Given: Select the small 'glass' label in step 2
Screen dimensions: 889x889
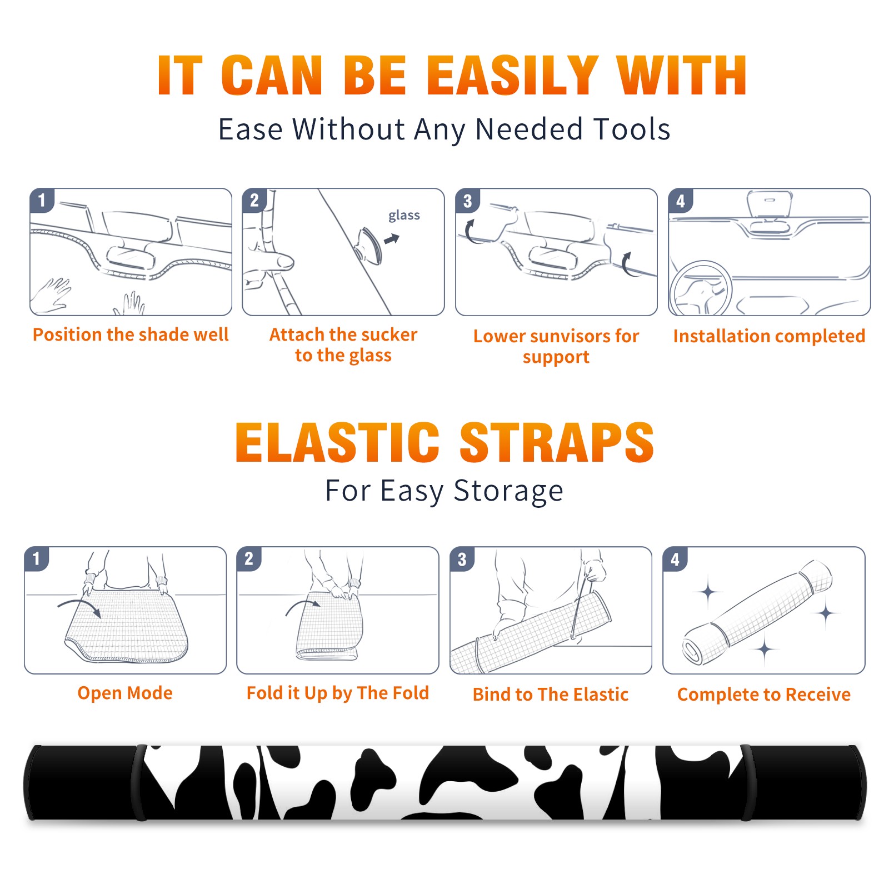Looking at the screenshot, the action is (x=404, y=216).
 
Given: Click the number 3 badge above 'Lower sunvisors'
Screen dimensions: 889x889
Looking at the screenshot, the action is (x=467, y=201).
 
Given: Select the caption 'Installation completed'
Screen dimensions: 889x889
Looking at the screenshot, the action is (x=769, y=336).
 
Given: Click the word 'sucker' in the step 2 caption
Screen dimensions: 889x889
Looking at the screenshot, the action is (x=388, y=334).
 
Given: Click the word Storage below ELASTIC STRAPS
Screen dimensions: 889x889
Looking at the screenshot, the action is (x=508, y=491).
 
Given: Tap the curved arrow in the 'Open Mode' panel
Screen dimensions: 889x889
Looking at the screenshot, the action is (x=79, y=607).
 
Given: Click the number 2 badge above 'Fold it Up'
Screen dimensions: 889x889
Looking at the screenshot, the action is (x=248, y=559).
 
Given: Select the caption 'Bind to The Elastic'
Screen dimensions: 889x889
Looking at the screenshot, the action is (x=550, y=695).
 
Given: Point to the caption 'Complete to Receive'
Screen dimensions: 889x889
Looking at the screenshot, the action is (x=763, y=695).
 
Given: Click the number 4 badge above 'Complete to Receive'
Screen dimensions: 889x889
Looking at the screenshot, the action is (x=675, y=559).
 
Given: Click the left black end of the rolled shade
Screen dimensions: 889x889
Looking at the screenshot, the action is (x=82, y=782).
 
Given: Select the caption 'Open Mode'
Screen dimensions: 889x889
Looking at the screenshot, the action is (x=125, y=693).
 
